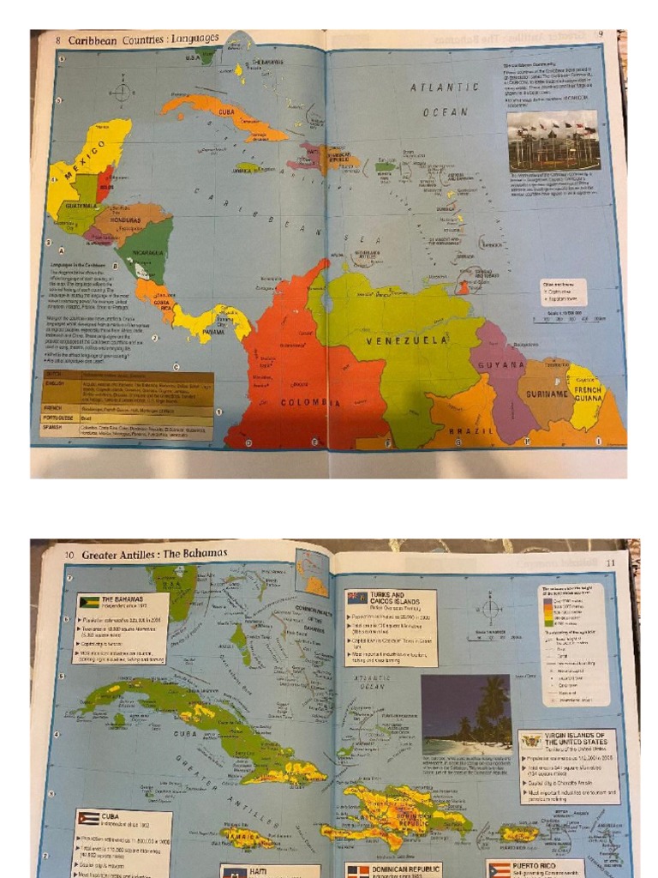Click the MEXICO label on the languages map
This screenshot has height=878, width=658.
[82, 163]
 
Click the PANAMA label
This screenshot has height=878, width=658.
[212, 333]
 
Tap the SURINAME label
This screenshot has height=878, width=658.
[547, 394]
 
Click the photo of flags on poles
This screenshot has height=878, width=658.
[552, 140]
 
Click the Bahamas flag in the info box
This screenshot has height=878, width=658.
[89, 602]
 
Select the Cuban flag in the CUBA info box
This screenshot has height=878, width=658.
[88, 818]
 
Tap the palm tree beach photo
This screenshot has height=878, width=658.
[466, 713]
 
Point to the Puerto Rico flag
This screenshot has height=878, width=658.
[499, 870]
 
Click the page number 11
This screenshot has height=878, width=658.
[611, 562]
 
